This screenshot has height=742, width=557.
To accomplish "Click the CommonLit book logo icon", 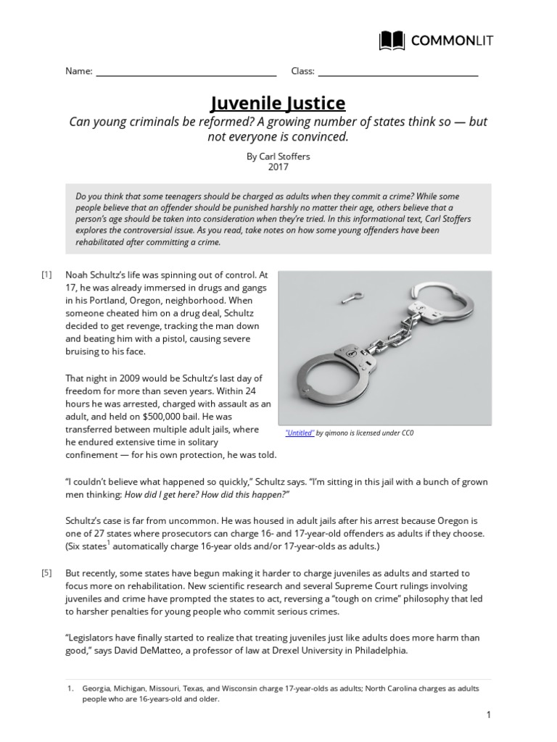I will tap(392, 41).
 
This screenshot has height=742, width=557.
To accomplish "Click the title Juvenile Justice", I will tap(278, 101).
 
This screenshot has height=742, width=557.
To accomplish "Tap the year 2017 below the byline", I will tap(278, 167).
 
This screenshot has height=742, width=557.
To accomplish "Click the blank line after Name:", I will tap(186, 72).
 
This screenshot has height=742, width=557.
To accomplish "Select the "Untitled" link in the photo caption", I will tap(300, 433).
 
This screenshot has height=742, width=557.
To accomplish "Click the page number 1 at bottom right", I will tap(489, 714).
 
